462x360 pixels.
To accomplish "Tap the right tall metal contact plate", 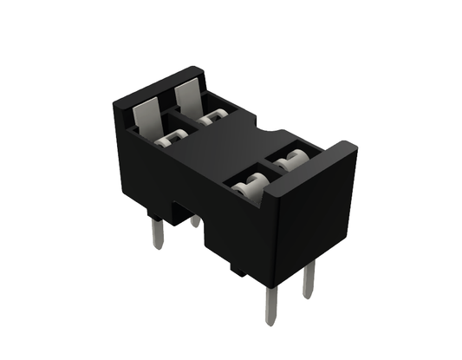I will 190,99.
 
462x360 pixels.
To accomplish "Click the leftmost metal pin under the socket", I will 156,232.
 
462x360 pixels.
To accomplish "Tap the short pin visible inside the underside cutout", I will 196,221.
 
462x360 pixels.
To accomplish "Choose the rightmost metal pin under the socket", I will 309,279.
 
